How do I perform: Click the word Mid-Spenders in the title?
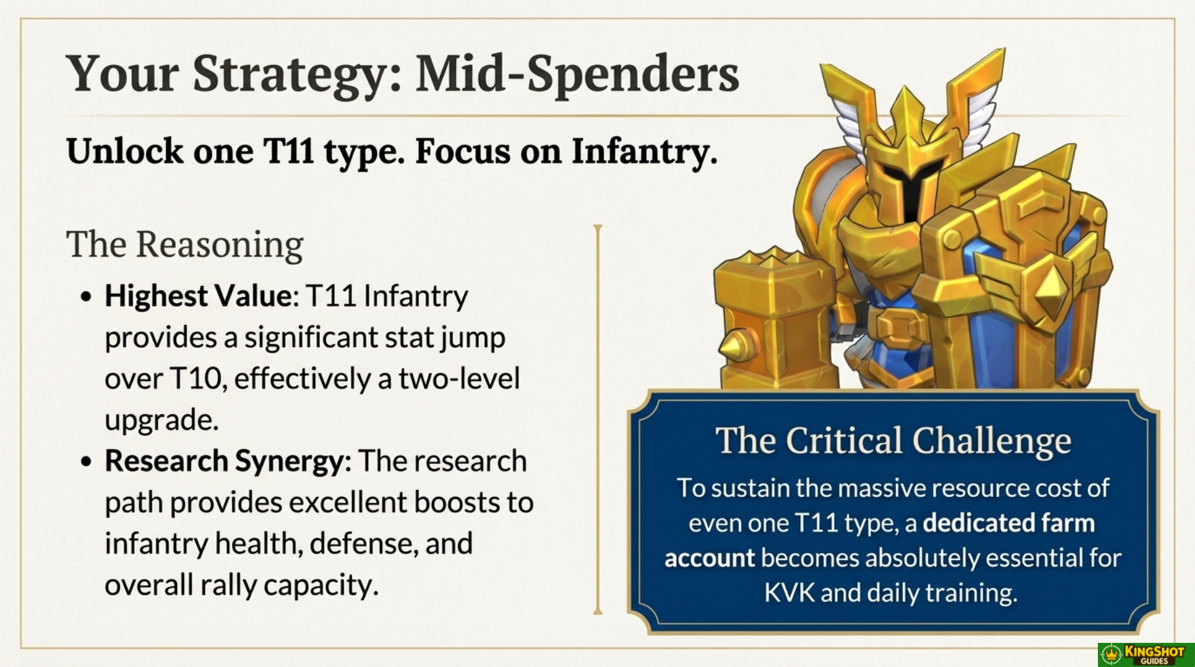coord(577,74)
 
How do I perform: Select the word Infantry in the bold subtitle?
coord(644,152)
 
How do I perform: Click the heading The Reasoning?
coord(184,246)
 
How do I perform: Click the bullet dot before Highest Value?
coord(86,297)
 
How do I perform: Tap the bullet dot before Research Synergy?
coord(86,462)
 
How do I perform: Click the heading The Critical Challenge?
coord(893,440)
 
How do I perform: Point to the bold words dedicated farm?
coord(1009,523)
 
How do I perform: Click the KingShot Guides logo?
coord(1146,655)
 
